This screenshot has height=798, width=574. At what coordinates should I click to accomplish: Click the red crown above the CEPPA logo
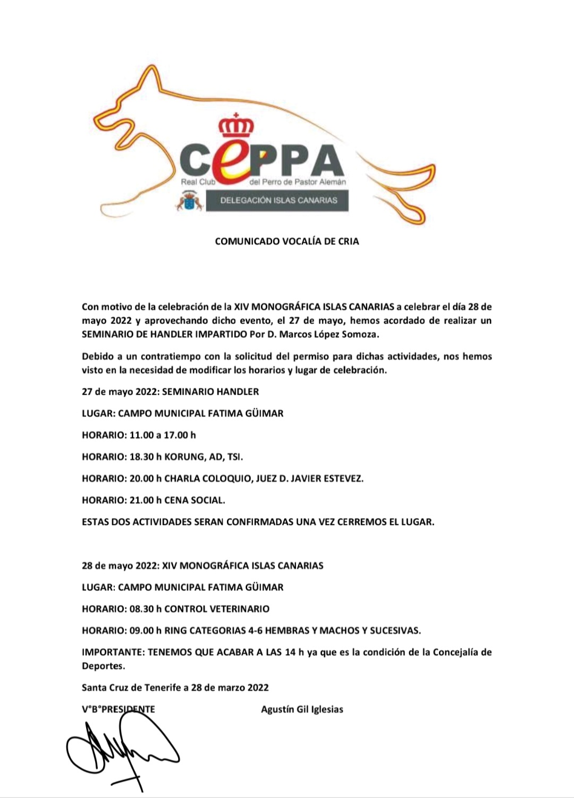click(237, 125)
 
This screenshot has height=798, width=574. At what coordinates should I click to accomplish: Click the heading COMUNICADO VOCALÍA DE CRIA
click(287, 241)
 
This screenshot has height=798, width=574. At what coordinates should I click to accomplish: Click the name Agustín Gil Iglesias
click(302, 709)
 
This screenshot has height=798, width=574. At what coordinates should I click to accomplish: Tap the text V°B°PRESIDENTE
click(119, 709)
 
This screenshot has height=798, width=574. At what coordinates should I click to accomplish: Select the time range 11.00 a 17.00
click(163, 435)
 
